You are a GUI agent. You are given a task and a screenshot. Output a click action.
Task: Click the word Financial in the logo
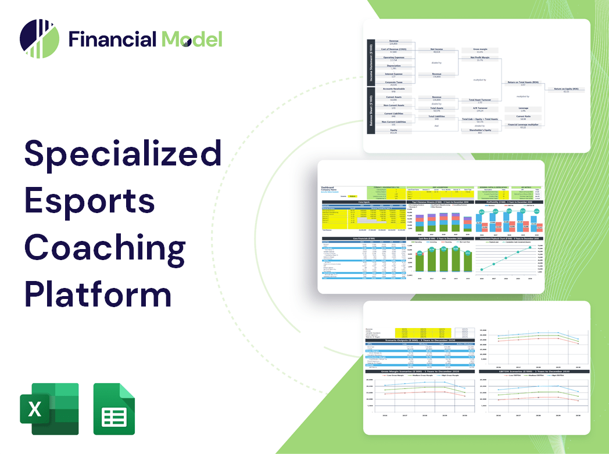[112, 39]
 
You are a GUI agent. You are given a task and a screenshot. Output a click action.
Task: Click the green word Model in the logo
[192, 39]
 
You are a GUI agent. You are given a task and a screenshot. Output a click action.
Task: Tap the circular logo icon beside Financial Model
[40, 39]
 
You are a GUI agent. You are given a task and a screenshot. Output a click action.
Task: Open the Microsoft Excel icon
[49, 409]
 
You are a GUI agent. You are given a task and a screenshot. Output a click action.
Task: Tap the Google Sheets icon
[114, 409]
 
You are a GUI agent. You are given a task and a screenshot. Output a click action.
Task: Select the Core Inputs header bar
[364, 202]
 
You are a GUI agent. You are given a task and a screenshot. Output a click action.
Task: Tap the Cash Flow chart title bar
[440, 239]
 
